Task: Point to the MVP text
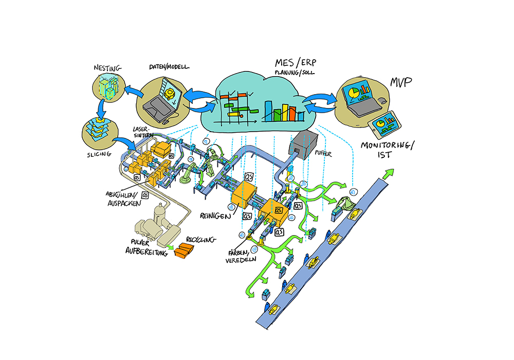click(x=403, y=82)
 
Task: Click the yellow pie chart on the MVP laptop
click(x=353, y=93)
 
